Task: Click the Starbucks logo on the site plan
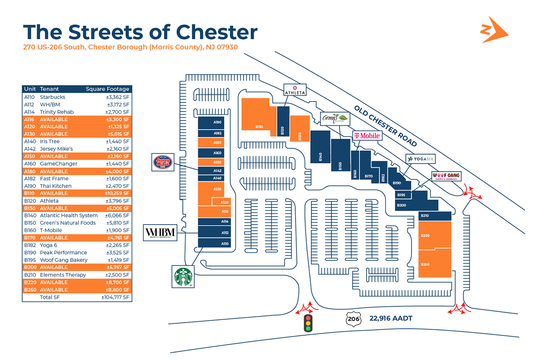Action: (x=184, y=276)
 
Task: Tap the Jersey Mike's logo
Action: (x=162, y=162)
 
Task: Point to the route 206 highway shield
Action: (x=354, y=319)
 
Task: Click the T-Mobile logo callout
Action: (x=367, y=136)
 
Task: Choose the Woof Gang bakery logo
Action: (x=446, y=177)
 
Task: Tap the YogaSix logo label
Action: (x=421, y=159)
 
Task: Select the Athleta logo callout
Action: (x=295, y=90)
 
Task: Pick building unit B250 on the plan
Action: (x=435, y=263)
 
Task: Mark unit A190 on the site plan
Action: (x=217, y=122)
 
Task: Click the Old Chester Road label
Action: (x=386, y=125)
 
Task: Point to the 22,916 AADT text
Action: (x=391, y=319)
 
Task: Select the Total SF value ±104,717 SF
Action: (x=115, y=297)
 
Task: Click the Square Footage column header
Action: (x=107, y=89)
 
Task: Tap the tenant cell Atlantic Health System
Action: (x=69, y=215)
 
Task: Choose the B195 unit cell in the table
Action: (x=29, y=260)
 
